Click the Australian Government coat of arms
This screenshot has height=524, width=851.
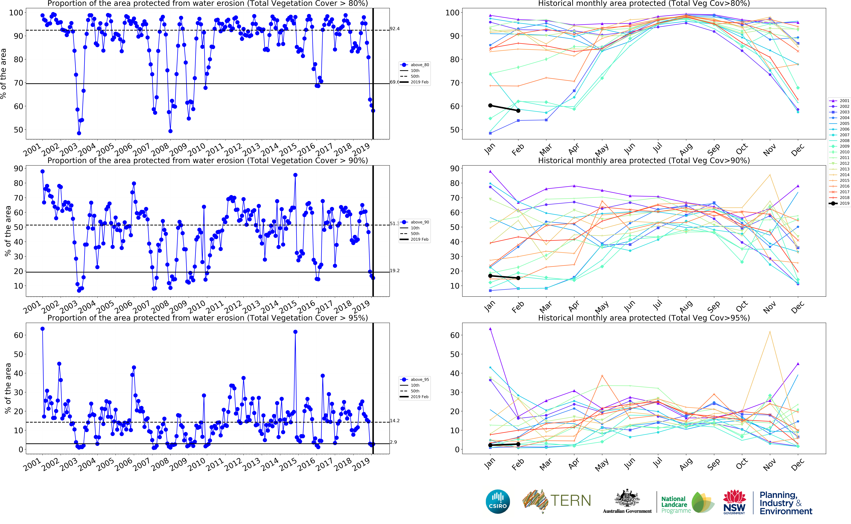627,499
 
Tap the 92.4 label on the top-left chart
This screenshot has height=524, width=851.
395,29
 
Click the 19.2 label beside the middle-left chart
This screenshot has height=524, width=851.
395,271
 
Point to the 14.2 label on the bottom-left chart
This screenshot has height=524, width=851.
395,421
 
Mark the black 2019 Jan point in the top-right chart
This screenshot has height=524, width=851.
490,105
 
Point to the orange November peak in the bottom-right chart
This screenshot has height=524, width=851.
770,332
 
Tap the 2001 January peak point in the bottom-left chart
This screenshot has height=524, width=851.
43,328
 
